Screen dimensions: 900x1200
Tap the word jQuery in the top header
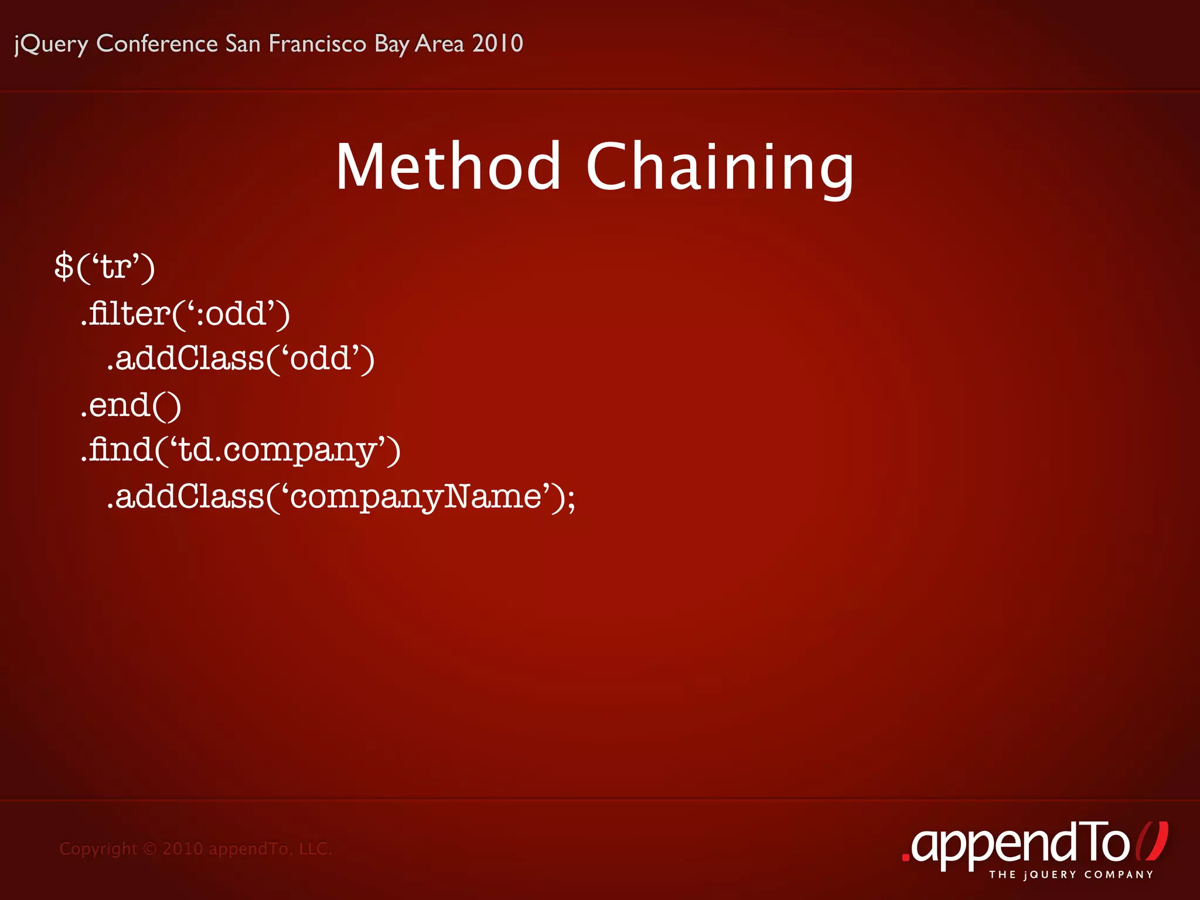(x=51, y=44)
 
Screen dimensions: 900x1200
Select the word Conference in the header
(x=157, y=44)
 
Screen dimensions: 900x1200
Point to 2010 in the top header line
(x=497, y=44)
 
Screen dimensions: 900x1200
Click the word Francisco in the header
(x=317, y=44)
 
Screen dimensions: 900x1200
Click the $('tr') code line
(x=104, y=267)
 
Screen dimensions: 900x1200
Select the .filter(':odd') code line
(x=185, y=313)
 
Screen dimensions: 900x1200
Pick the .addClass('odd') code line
(x=240, y=359)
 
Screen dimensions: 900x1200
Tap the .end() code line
(x=131, y=405)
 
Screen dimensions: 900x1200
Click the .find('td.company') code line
(x=240, y=451)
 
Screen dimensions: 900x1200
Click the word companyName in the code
(x=415, y=497)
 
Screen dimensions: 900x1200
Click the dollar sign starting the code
(x=63, y=267)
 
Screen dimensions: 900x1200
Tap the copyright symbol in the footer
(x=150, y=848)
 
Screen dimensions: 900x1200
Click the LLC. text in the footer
(x=315, y=848)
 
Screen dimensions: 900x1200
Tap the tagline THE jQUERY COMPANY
(x=1071, y=875)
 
